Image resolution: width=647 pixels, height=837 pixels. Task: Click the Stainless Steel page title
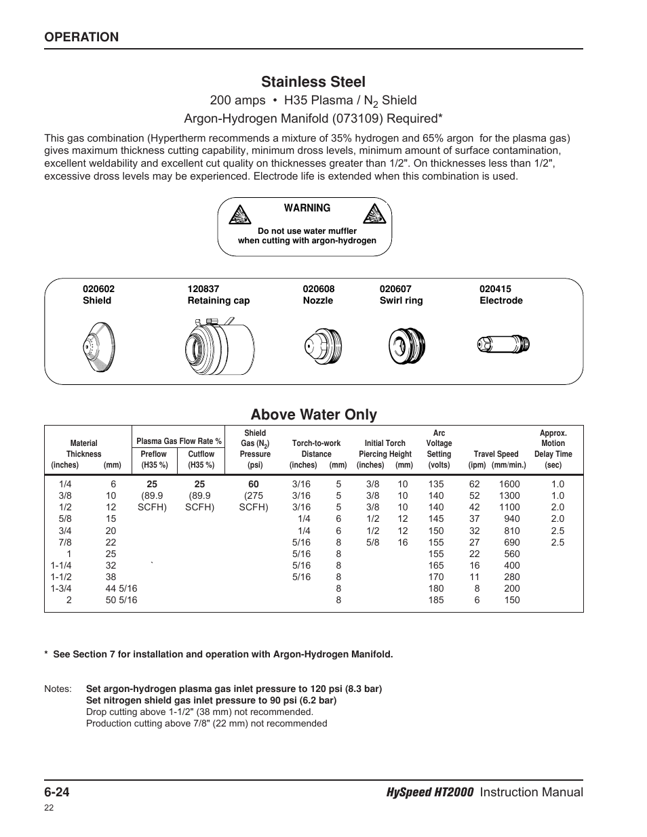pyautogui.click(x=313, y=81)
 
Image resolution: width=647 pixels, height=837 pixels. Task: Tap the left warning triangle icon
pyautogui.click(x=239, y=215)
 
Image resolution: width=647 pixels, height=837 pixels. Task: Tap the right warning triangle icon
pyautogui.click(x=374, y=213)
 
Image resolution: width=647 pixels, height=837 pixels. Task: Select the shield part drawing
pyautogui.click(x=99, y=347)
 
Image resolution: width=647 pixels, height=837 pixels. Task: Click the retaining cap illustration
pyautogui.click(x=220, y=346)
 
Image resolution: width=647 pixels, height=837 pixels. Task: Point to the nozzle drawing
pyautogui.click(x=323, y=346)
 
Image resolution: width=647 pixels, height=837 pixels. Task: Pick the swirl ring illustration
pyautogui.click(x=406, y=346)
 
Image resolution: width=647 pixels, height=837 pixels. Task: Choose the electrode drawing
pyautogui.click(x=503, y=344)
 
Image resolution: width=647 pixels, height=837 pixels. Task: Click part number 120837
pyautogui.click(x=203, y=289)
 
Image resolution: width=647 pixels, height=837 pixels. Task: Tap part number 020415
pyautogui.click(x=495, y=289)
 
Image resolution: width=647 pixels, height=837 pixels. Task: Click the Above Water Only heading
pyautogui.click(x=314, y=415)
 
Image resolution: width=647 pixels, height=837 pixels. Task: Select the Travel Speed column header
pyautogui.click(x=496, y=454)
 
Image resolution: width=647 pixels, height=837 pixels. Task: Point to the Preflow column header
pyautogui.click(x=153, y=454)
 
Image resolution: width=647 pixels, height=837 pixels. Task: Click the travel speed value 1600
pyautogui.click(x=509, y=484)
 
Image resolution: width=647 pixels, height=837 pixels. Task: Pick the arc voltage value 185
pyautogui.click(x=436, y=600)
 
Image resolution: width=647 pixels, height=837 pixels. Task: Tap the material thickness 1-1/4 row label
pyautogui.click(x=61, y=565)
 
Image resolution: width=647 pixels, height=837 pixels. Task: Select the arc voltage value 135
pyautogui.click(x=436, y=484)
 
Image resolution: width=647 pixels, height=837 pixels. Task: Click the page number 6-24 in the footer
pyautogui.click(x=57, y=792)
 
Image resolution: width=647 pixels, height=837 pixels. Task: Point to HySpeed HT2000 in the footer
pyautogui.click(x=430, y=792)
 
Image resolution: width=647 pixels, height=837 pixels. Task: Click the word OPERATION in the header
pyautogui.click(x=81, y=37)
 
